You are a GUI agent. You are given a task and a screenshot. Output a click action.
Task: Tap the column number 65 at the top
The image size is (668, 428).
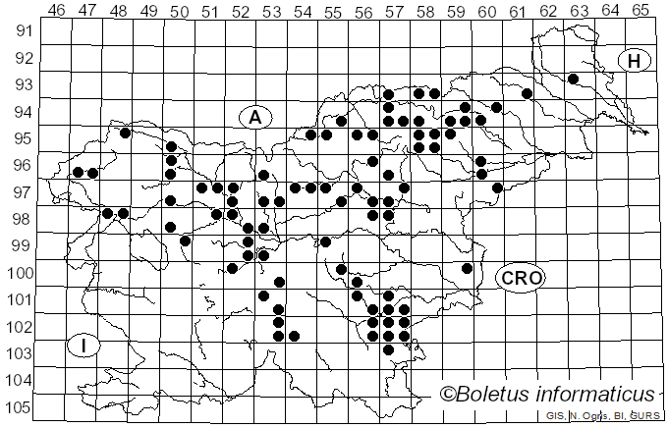[x=640, y=10]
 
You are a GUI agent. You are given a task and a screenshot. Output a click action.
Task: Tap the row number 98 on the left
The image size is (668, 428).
[x=22, y=218]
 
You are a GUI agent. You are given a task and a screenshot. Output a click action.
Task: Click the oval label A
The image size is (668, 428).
[x=255, y=118]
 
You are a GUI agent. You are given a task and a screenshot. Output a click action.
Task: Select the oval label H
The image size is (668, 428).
[x=635, y=61]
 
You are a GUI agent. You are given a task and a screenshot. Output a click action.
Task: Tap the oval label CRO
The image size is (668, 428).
[x=521, y=278]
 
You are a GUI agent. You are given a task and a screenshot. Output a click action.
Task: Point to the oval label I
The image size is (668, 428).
[x=85, y=346]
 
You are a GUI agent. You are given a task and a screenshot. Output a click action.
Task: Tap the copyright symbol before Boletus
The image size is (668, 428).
[x=448, y=395]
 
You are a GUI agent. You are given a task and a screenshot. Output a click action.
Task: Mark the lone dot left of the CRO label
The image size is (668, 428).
[x=468, y=268]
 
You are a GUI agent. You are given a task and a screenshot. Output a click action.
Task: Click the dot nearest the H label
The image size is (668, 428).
[x=573, y=79]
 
